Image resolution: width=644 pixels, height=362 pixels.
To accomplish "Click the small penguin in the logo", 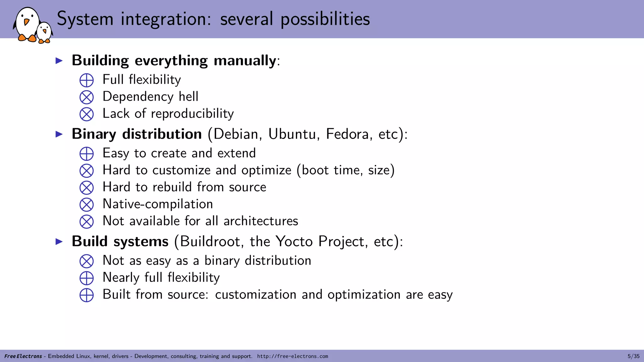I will point(44,32).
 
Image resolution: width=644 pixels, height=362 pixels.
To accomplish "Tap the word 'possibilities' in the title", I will point(325,19).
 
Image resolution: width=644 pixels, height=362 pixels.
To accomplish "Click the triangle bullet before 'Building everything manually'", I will point(59,61).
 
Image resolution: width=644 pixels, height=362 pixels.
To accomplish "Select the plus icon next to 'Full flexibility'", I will point(86,80).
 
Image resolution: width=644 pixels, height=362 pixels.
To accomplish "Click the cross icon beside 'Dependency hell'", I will point(86,97).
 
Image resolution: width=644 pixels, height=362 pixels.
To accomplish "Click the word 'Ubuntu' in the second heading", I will point(292,134).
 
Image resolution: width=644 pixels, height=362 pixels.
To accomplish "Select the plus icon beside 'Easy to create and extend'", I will point(86,154).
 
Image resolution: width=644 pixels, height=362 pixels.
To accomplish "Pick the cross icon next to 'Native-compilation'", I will point(86,205).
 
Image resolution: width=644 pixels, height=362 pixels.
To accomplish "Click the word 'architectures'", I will point(261,221).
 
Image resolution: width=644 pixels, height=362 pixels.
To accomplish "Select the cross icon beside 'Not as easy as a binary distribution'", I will point(86,261).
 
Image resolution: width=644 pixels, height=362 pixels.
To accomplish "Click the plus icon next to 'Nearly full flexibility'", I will point(86,278).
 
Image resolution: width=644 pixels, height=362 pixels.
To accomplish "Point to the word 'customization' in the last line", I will point(256,295).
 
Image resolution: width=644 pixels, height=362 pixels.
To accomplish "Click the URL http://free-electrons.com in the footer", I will point(292,356).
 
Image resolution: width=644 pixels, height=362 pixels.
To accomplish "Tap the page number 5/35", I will point(633,356).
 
